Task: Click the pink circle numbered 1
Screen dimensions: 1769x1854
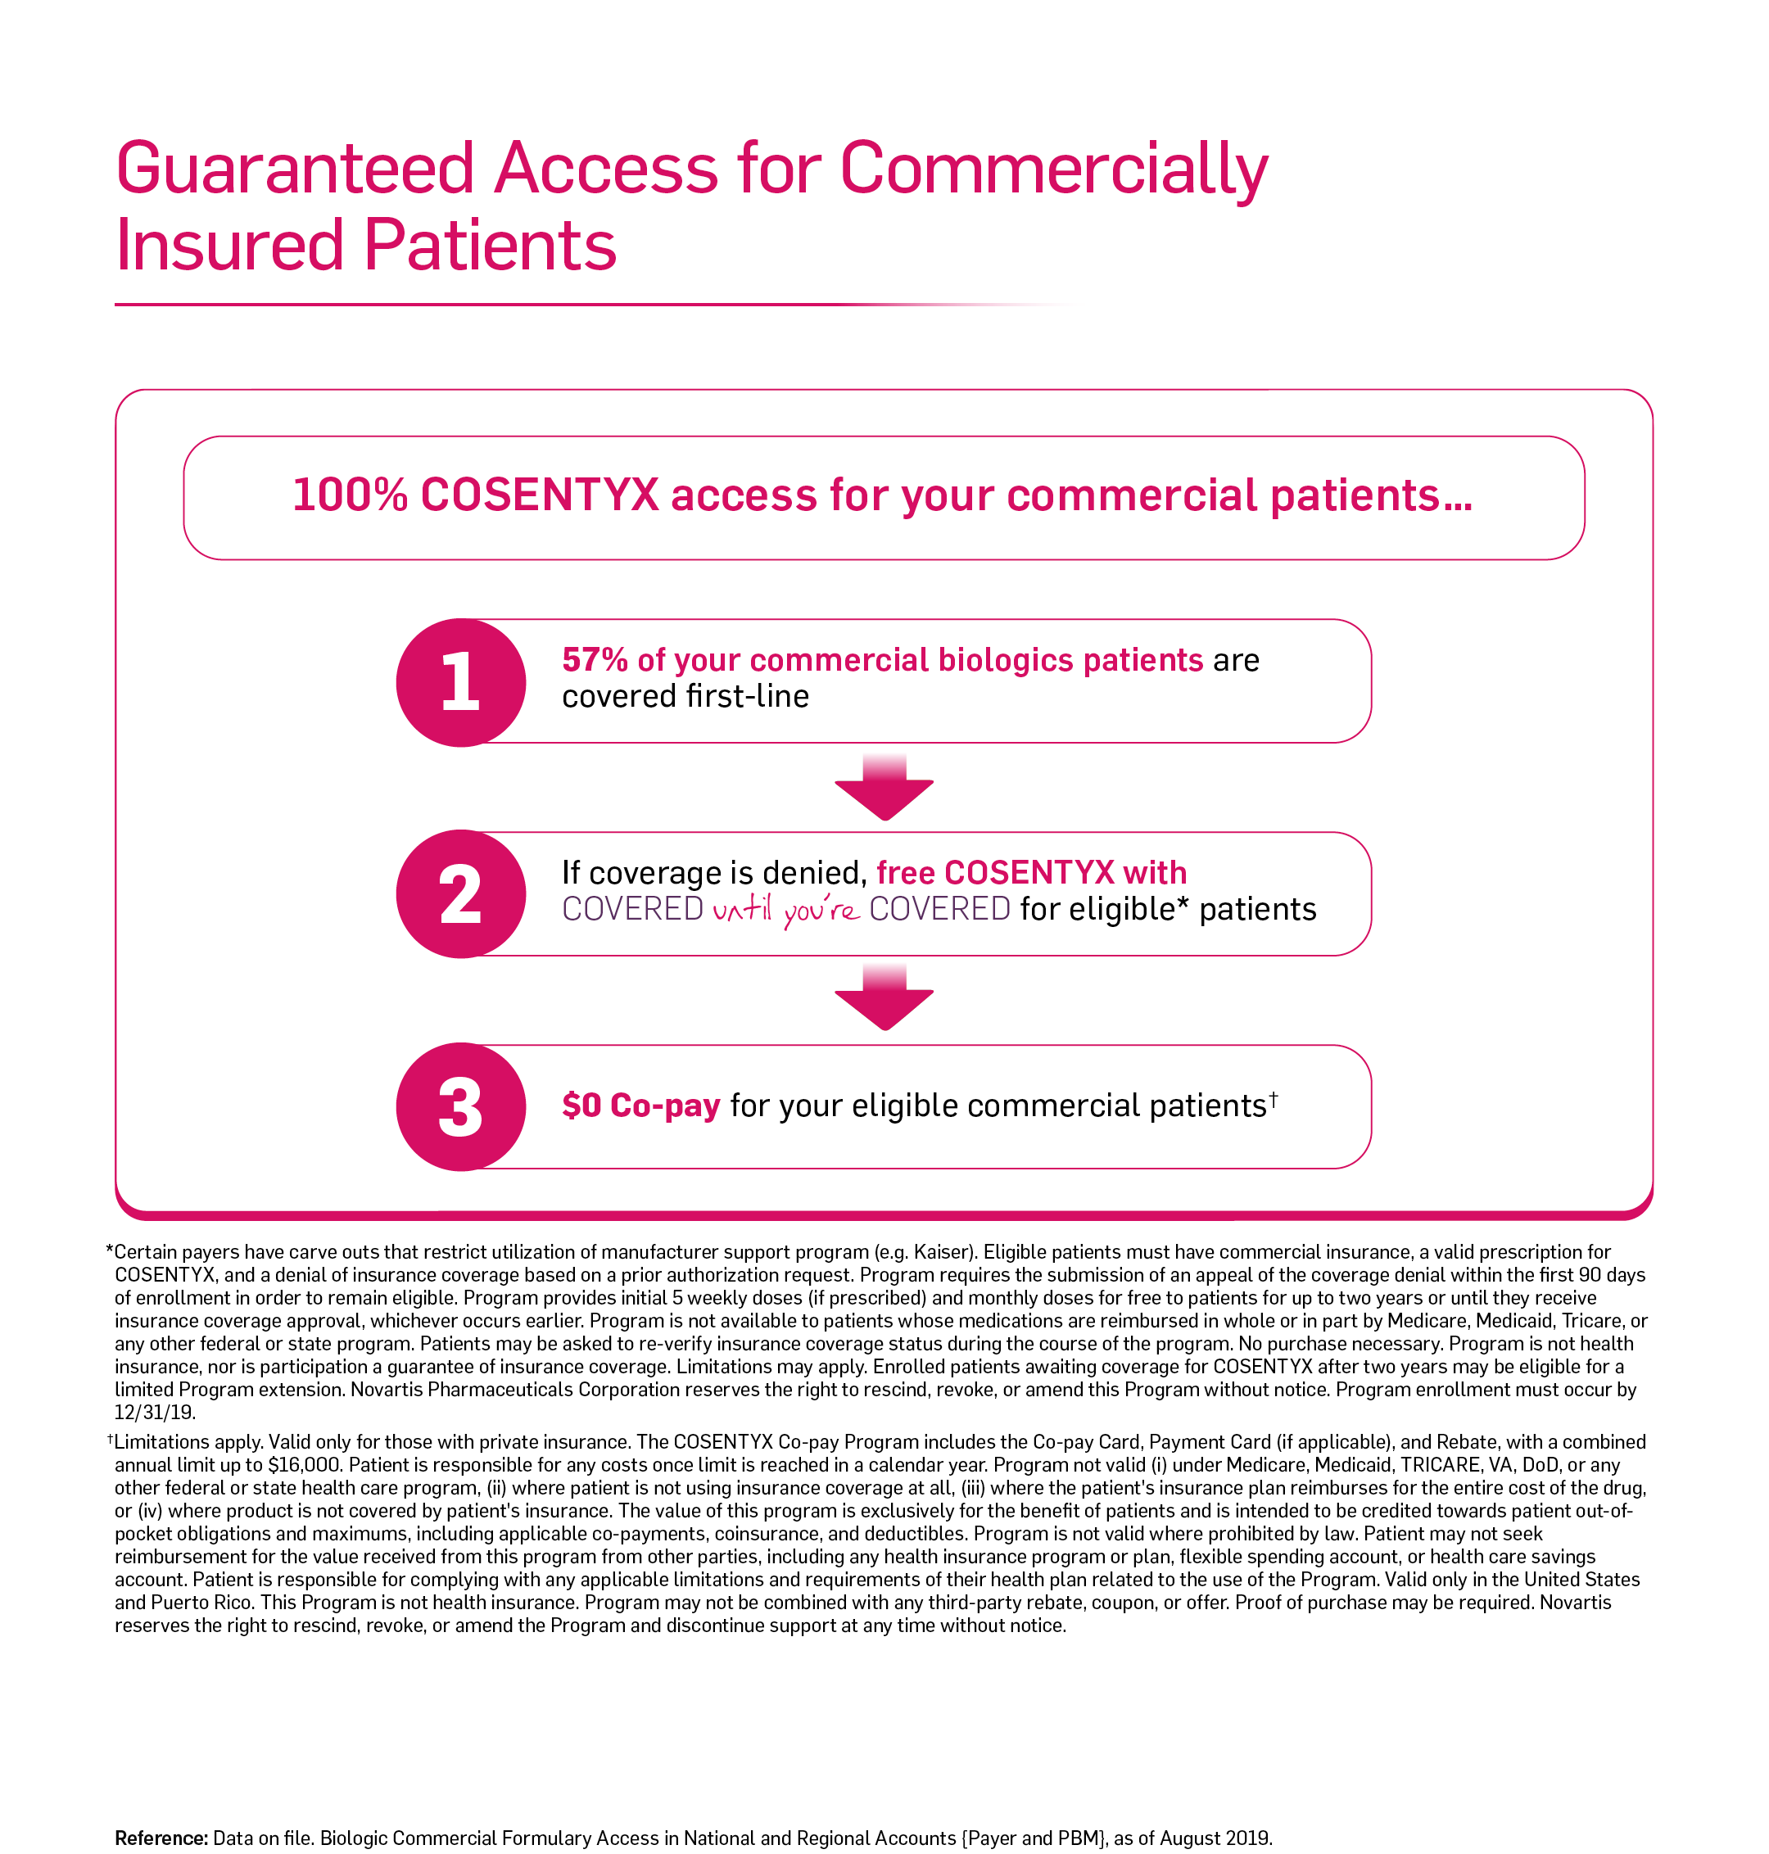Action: click(x=460, y=682)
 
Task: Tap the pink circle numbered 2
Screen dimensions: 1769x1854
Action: click(x=460, y=894)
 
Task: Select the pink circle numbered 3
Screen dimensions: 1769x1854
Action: click(x=460, y=1106)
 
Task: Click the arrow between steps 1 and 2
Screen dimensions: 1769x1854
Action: click(x=884, y=788)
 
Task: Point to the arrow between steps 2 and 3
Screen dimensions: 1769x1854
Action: click(x=884, y=997)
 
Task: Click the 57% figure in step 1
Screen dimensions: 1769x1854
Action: click(x=595, y=660)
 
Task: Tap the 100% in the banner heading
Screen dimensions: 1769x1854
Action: click(x=350, y=495)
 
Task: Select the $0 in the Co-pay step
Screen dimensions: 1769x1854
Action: click(x=581, y=1106)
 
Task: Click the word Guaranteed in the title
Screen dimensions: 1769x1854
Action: click(x=294, y=170)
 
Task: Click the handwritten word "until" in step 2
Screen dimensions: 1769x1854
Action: click(x=742, y=909)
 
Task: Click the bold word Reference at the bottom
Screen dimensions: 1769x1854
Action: click(x=161, y=1838)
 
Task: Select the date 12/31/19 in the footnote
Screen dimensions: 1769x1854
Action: click(x=155, y=1413)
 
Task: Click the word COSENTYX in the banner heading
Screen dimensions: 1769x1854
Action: click(x=540, y=495)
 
